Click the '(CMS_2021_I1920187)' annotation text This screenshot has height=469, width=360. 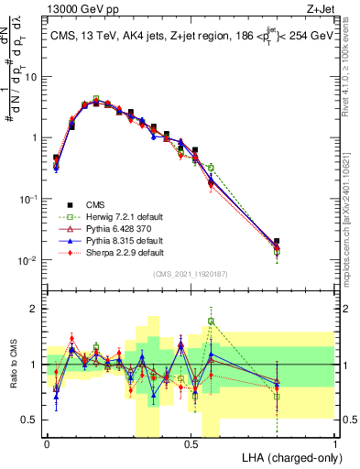tap(191, 274)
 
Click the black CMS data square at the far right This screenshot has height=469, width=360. tap(278, 242)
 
